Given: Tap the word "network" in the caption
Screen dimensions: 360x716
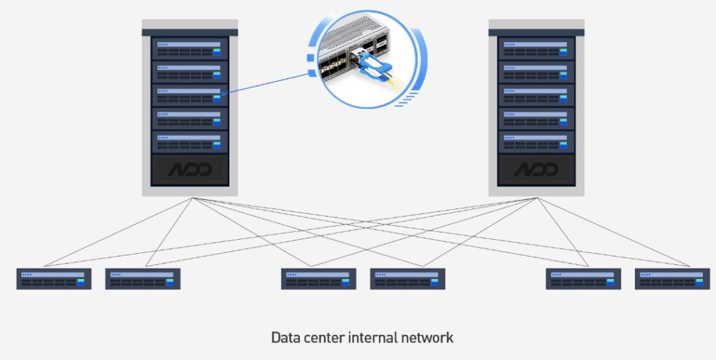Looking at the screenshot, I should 428,338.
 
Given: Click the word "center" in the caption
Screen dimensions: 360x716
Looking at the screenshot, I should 327,338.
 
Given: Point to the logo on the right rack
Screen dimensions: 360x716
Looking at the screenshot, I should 536,170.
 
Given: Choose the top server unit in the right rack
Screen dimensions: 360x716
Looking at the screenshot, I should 536,48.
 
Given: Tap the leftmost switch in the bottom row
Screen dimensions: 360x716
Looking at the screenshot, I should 54,279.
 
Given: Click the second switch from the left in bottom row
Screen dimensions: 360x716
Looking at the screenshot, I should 143,279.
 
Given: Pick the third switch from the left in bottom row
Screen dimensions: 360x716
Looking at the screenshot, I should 319,279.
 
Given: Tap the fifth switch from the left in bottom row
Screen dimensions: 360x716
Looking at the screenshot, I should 583,279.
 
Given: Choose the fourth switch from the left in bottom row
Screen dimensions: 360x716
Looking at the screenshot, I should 408,279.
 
